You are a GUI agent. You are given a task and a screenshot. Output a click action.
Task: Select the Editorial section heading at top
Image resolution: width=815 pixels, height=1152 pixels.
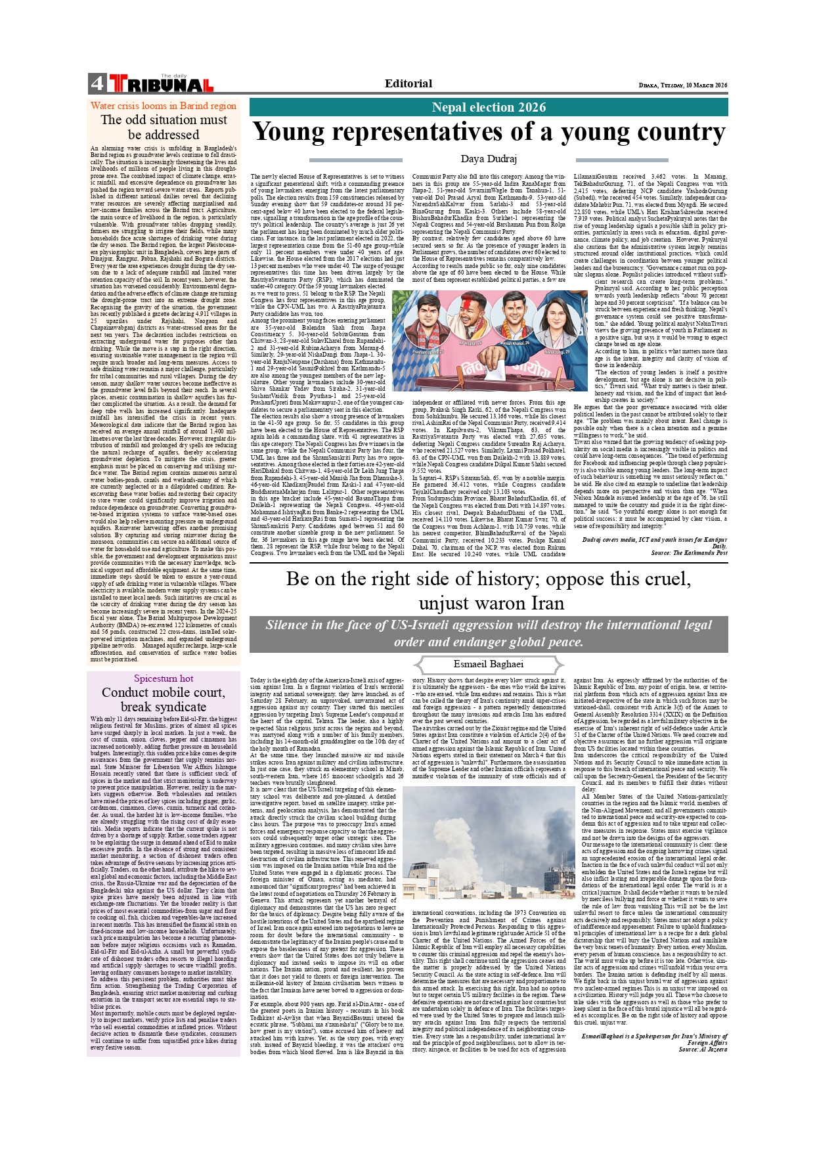coord(408,83)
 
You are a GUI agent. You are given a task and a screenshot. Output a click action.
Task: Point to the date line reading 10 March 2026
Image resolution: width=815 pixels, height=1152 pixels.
coord(683,85)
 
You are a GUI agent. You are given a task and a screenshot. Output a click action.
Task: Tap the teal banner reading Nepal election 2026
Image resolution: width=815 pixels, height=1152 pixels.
coord(489,108)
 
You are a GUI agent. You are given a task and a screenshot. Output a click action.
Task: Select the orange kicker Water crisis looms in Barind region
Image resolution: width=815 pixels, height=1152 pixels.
coord(164,106)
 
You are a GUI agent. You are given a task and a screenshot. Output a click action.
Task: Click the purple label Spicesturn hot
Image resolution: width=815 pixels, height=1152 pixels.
coord(164,678)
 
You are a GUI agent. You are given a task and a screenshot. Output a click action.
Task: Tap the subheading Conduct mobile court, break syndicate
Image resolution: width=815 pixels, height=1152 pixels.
coord(164,699)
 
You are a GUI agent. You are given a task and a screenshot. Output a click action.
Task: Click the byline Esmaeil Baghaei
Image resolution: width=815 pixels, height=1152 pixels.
coord(489,664)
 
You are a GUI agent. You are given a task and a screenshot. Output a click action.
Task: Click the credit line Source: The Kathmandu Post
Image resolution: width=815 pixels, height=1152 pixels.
coord(689,552)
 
